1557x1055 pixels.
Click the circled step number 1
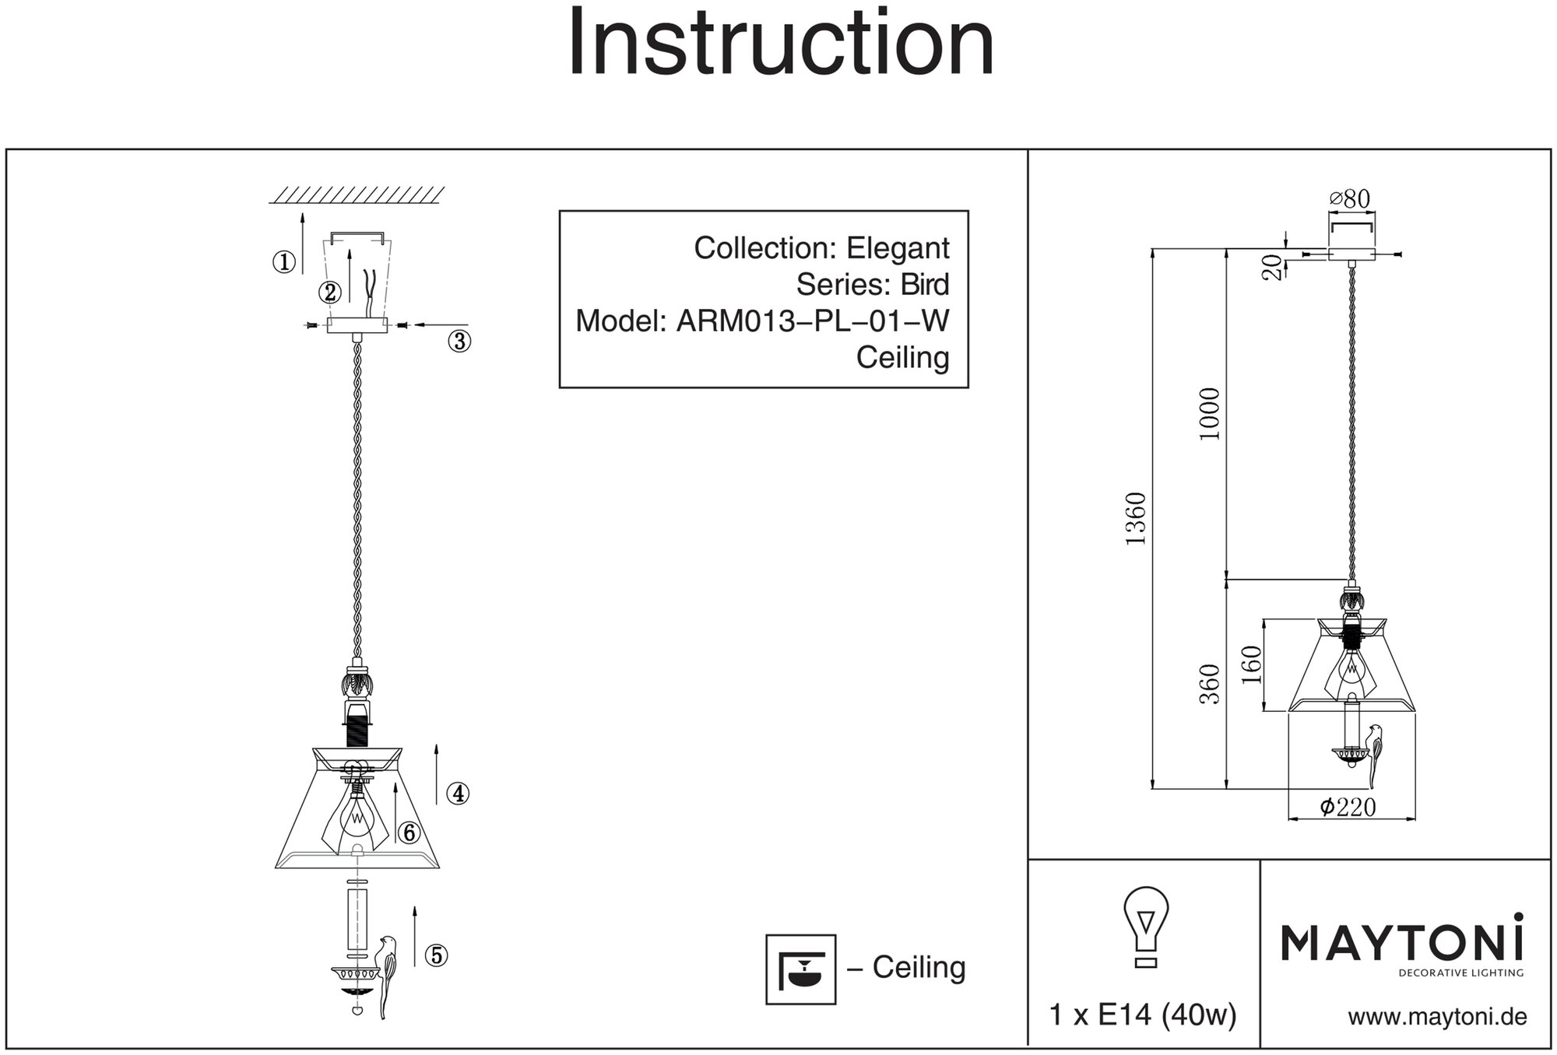pyautogui.click(x=284, y=263)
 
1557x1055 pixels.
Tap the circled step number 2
pyautogui.click(x=330, y=293)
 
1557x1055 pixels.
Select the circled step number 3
pyautogui.click(x=459, y=341)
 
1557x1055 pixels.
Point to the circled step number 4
pyautogui.click(x=458, y=794)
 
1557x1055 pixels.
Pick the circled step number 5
pyautogui.click(x=436, y=955)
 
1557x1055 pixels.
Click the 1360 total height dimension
pyautogui.click(x=1137, y=518)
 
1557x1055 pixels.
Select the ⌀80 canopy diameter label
pyautogui.click(x=1350, y=200)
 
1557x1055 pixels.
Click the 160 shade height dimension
pyautogui.click(x=1251, y=664)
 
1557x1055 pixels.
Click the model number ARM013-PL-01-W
pyautogui.click(x=813, y=321)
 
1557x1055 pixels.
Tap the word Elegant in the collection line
pyautogui.click(x=898, y=248)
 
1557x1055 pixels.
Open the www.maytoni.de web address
pyautogui.click(x=1437, y=1017)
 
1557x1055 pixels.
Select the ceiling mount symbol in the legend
pyautogui.click(x=800, y=969)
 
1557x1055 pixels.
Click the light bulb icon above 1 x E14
pyautogui.click(x=1145, y=927)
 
